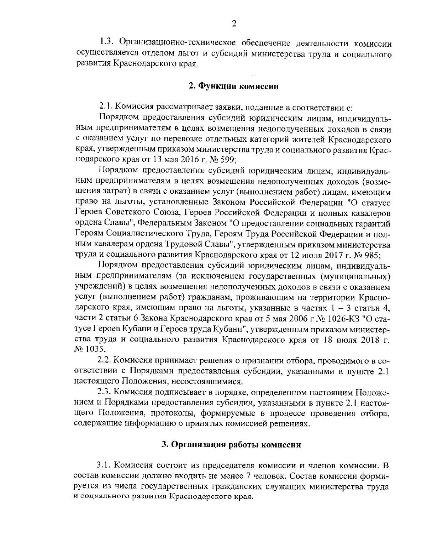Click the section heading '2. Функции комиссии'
(233, 87)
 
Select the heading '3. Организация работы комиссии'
(231, 445)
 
